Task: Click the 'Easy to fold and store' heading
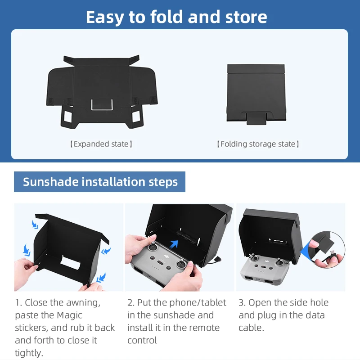(x=176, y=17)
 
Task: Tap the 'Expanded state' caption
(x=101, y=144)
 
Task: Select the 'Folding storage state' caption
(x=258, y=144)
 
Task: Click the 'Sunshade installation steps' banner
(x=100, y=182)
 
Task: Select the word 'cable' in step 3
(x=251, y=328)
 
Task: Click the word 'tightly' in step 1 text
(x=29, y=353)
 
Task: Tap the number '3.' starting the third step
(x=242, y=302)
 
